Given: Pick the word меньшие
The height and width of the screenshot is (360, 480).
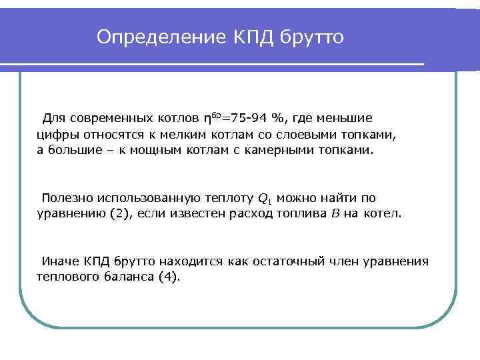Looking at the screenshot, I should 343,119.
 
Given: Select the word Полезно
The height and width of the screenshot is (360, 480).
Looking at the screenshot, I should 67,198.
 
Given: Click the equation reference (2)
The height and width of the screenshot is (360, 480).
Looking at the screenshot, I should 121,214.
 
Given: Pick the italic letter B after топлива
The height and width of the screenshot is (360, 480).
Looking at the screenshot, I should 335,214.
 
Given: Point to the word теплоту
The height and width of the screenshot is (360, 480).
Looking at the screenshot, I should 227,198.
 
